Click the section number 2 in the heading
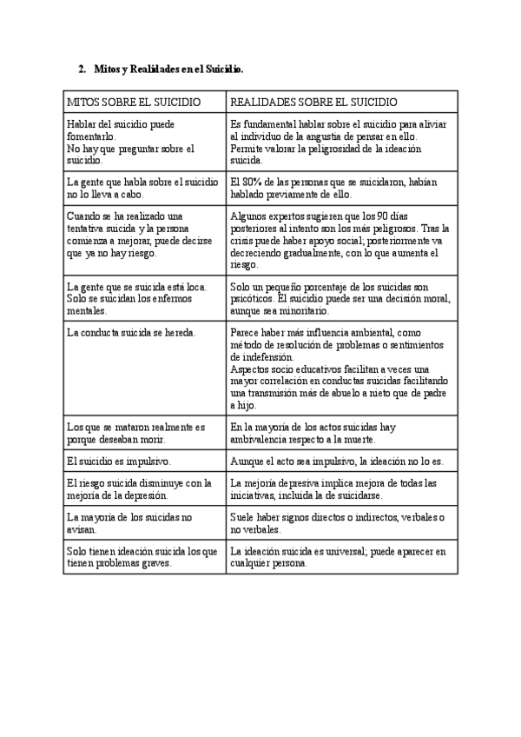81,69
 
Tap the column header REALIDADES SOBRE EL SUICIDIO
313,102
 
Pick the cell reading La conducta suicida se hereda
131,332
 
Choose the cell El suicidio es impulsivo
119,461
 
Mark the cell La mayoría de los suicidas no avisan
130,522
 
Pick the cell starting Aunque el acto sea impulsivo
337,461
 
